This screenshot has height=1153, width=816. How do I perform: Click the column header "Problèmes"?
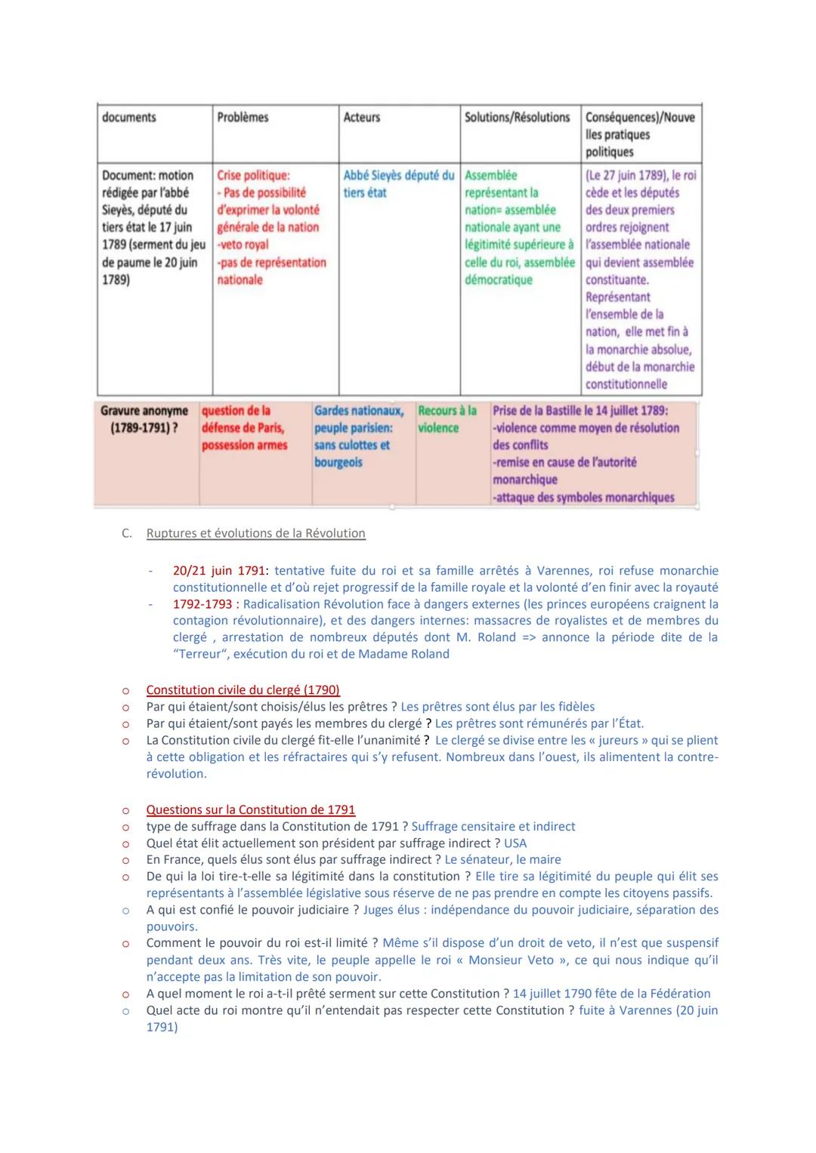[x=243, y=117]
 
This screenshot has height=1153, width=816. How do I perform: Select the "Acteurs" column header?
[x=361, y=117]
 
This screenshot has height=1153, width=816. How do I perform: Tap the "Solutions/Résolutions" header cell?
[x=517, y=117]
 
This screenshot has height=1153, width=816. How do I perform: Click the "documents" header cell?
[x=128, y=117]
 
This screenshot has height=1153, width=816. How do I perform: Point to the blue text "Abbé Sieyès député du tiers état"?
[x=398, y=183]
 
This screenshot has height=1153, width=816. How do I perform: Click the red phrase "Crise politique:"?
[x=253, y=175]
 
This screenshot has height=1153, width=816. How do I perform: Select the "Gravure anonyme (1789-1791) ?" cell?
[x=144, y=419]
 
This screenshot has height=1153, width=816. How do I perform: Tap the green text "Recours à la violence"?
[x=447, y=419]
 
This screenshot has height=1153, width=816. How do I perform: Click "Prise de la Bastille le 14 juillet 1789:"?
[x=580, y=411]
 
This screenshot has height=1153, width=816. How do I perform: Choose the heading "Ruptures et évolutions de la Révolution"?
[x=255, y=533]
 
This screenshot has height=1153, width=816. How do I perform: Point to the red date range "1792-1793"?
[x=202, y=604]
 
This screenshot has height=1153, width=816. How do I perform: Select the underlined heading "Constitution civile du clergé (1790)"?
[x=243, y=690]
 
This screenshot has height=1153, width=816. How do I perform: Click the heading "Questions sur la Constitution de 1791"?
[x=250, y=809]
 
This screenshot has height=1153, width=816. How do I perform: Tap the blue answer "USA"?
[x=515, y=843]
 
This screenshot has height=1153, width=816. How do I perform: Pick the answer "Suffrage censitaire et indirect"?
[x=493, y=827]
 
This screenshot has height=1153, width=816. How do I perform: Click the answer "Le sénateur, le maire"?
[x=502, y=860]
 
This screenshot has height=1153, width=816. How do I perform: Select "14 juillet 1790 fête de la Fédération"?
[x=611, y=994]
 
